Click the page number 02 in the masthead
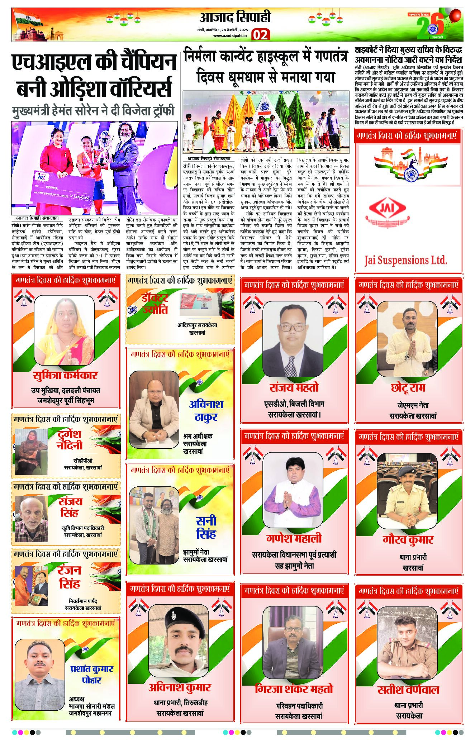click(261, 35)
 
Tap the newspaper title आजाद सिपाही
click(235, 17)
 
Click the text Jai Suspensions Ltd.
click(406, 260)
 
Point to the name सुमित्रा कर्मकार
click(65, 375)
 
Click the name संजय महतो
click(294, 387)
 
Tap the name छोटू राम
click(408, 388)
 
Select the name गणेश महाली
click(294, 538)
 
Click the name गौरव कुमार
click(408, 539)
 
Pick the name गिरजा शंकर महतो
click(294, 689)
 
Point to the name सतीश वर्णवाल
click(408, 690)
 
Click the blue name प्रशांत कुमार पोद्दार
click(92, 674)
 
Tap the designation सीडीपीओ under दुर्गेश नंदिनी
click(83, 461)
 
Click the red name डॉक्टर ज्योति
click(155, 304)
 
